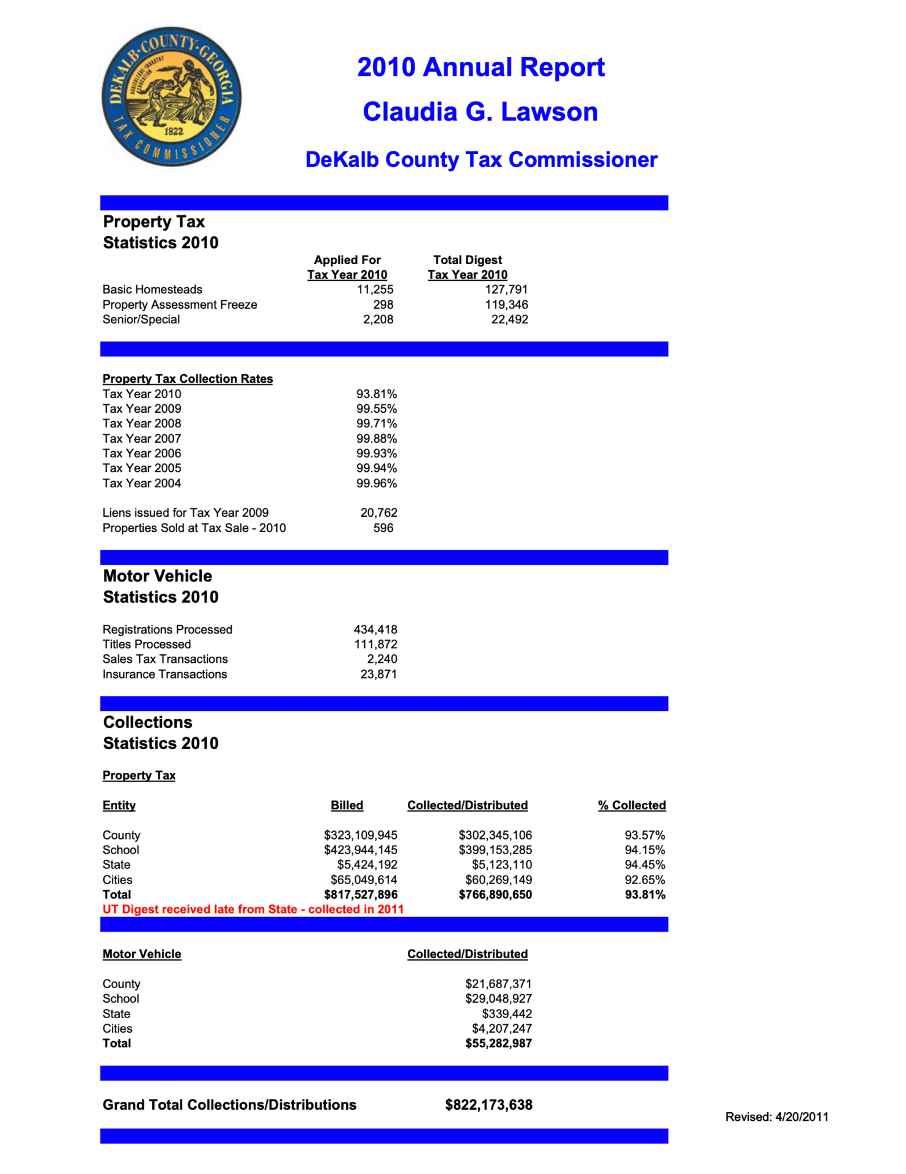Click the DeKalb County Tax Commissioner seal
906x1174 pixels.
pos(171,96)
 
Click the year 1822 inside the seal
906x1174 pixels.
pos(174,131)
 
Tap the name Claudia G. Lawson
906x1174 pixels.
pos(480,112)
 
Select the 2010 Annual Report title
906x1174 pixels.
pos(481,67)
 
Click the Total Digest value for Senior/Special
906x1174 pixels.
pos(509,319)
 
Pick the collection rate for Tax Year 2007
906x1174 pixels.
pos(377,438)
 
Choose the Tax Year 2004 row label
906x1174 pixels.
pos(142,483)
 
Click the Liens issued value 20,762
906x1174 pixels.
pos(378,512)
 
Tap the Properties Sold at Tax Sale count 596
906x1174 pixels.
pos(383,528)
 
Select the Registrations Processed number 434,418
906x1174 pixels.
pos(375,629)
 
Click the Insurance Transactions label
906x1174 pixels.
pos(164,674)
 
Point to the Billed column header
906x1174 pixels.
pos(347,805)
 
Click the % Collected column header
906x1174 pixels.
pos(632,805)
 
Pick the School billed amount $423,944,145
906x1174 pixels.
pos(361,850)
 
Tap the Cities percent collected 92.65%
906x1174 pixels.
pos(644,880)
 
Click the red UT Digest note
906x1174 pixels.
pos(253,909)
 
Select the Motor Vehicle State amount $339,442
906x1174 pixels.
pos(507,1014)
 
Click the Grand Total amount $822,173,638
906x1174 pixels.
pos(488,1105)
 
